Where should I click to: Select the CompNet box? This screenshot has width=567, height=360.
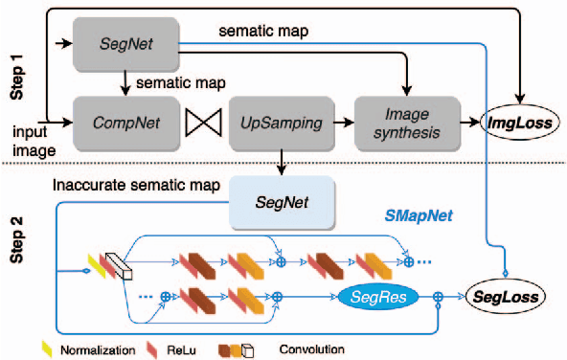[x=126, y=122]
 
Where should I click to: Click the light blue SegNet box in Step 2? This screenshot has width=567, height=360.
[x=280, y=203]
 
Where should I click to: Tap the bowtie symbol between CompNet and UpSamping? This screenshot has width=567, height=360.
[x=202, y=123]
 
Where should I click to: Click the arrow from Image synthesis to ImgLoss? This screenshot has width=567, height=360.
[x=468, y=123]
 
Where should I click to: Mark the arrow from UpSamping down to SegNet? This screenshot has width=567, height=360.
[x=279, y=161]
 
